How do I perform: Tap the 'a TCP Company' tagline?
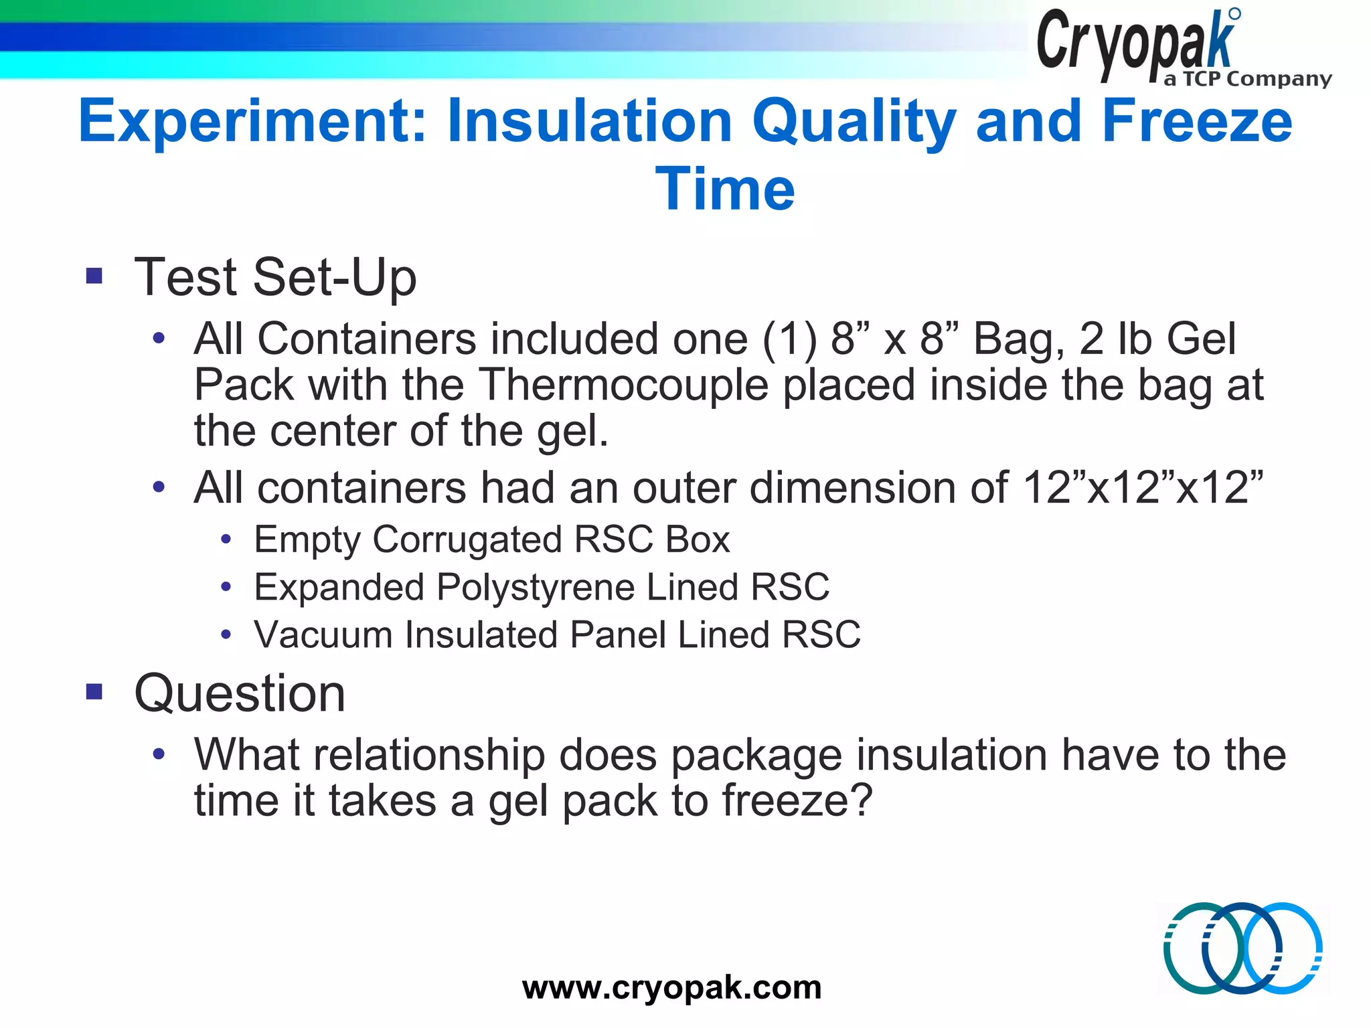(x=1247, y=79)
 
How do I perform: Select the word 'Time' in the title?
(x=725, y=189)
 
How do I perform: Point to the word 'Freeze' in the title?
(x=1196, y=122)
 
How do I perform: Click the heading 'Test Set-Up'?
(x=275, y=277)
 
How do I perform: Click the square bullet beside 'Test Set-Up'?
(x=94, y=276)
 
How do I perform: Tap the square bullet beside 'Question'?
(x=94, y=691)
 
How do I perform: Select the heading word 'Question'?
(x=240, y=693)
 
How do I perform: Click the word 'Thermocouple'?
(x=624, y=385)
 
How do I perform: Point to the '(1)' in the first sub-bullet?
(x=790, y=339)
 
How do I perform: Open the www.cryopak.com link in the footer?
(x=671, y=987)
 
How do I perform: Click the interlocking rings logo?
(x=1242, y=948)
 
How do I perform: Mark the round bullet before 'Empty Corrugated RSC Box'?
(x=226, y=539)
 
